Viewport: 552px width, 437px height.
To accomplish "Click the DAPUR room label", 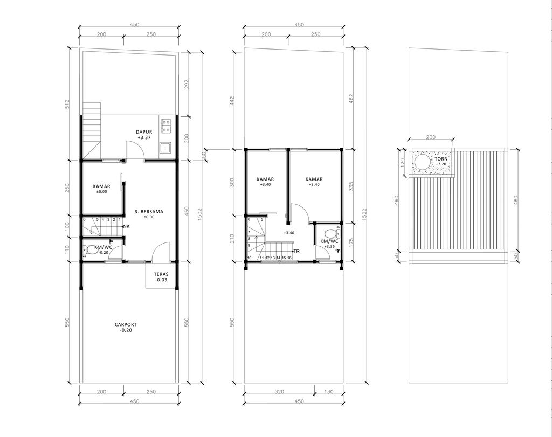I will tap(144, 131).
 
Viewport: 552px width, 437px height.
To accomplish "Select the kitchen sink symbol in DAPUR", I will tap(166, 147).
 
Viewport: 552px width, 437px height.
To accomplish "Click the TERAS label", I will tap(161, 274).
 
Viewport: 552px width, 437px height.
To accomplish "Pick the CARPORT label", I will tap(126, 324).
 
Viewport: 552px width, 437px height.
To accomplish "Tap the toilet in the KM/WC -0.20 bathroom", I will tap(88, 249).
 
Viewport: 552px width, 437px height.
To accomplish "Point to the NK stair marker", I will tap(126, 226).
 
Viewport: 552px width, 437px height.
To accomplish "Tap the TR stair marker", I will tap(296, 251).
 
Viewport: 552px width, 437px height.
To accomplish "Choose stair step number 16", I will tap(289, 258).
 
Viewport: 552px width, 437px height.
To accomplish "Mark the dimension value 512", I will tap(68, 104).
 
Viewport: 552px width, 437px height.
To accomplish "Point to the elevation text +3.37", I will tap(144, 138).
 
